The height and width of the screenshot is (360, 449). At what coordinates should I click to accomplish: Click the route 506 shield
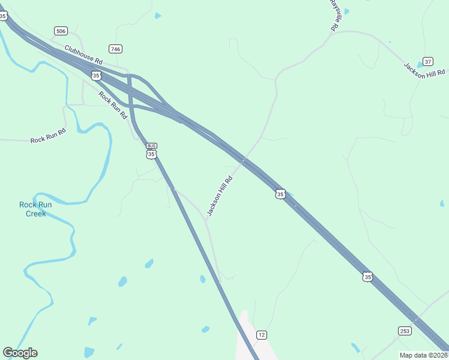click(61, 31)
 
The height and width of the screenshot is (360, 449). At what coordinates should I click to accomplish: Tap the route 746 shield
click(116, 49)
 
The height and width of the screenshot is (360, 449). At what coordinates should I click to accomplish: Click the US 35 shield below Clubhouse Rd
click(96, 76)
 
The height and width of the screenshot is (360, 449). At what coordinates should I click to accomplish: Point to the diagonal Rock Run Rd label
click(113, 104)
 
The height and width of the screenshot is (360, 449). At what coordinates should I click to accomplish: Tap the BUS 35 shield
click(151, 151)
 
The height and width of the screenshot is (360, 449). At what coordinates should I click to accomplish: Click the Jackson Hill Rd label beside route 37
click(424, 71)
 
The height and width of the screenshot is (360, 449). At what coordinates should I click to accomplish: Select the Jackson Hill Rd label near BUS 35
click(219, 196)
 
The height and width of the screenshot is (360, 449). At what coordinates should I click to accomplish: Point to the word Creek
click(35, 213)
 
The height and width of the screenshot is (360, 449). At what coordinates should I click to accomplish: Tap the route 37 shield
click(428, 61)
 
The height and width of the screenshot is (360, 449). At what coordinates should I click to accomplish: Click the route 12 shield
click(261, 334)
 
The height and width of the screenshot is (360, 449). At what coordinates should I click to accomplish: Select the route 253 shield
click(405, 331)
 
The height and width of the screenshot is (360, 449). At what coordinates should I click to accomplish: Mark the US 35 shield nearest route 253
click(367, 277)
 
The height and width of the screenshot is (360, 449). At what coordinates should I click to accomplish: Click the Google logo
click(20, 353)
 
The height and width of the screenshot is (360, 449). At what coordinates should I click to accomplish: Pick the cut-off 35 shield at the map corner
click(3, 16)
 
